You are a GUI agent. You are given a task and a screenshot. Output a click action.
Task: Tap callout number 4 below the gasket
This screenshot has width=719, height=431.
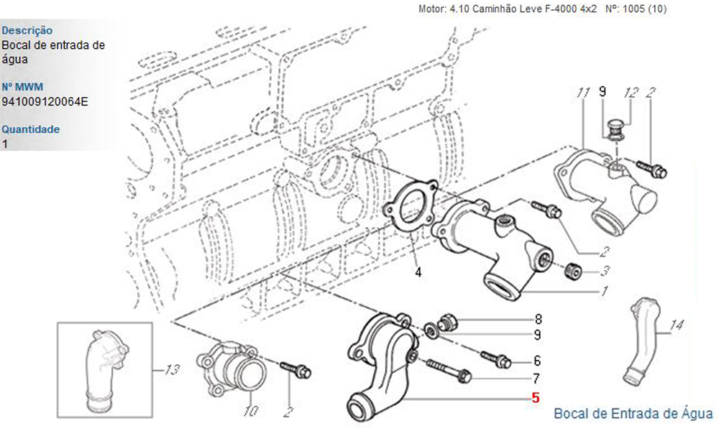point(418,272)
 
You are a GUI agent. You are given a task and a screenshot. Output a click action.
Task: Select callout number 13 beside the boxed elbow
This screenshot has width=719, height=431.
point(171,371)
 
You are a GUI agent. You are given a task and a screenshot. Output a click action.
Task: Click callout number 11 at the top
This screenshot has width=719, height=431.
point(583,93)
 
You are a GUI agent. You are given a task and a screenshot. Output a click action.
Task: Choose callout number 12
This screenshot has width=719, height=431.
point(631,93)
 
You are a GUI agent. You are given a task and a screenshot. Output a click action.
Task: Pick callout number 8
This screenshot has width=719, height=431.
point(537,318)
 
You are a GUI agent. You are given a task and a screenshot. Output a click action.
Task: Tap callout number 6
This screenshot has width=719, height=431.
point(537,361)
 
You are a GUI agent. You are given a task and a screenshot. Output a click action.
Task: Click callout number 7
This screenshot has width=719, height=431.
point(537,378)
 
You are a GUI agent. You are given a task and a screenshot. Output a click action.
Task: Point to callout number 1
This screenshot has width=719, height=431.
point(605,291)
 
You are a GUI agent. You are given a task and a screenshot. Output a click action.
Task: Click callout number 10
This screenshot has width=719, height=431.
point(251,412)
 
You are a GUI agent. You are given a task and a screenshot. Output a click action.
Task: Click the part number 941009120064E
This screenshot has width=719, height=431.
point(45,101)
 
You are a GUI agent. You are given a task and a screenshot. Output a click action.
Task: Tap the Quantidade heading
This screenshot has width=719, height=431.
point(30,129)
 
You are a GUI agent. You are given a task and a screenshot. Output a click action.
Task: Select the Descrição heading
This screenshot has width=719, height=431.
point(27,30)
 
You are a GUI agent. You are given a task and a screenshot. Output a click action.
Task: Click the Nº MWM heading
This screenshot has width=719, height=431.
point(22,87)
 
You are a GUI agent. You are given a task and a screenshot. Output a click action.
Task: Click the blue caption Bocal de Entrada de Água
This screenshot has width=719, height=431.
point(633,413)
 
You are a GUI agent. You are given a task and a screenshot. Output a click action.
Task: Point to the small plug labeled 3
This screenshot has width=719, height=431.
point(574,272)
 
